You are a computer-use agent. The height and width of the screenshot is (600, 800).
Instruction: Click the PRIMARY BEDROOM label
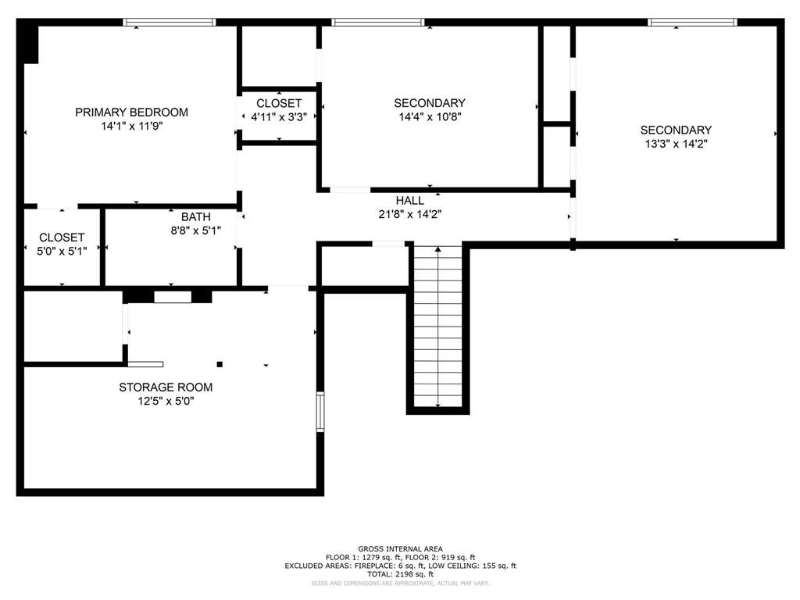[131, 112]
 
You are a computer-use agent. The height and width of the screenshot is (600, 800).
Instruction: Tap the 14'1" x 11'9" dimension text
[131, 126]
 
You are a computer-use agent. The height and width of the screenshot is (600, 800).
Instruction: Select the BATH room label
[196, 217]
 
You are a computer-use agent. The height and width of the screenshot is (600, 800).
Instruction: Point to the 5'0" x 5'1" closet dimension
[62, 251]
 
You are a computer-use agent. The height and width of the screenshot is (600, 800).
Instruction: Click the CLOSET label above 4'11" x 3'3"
[279, 103]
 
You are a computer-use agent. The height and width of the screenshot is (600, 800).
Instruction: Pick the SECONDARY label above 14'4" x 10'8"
[430, 103]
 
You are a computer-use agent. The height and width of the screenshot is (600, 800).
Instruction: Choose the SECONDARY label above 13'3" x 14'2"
[676, 130]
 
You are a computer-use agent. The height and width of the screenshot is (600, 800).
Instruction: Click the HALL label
[409, 201]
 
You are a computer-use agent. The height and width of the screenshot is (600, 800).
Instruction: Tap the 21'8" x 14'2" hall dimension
[409, 214]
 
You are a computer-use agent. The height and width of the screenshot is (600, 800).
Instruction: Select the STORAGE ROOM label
[166, 387]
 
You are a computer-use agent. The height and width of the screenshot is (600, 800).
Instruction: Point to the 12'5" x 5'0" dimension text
[166, 401]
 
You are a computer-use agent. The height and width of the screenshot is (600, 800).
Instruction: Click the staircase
[437, 327]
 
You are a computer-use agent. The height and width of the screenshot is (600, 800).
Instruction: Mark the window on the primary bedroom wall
[170, 23]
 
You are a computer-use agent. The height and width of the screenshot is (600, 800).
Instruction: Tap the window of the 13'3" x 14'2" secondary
[692, 23]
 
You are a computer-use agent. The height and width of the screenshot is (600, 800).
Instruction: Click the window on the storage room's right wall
[320, 412]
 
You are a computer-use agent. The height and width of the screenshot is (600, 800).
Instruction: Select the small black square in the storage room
[220, 364]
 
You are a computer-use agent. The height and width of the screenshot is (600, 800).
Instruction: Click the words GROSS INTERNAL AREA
[401, 549]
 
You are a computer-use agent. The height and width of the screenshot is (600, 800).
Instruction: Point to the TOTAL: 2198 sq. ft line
[401, 574]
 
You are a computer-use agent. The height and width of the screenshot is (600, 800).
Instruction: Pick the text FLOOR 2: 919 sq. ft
[441, 557]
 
